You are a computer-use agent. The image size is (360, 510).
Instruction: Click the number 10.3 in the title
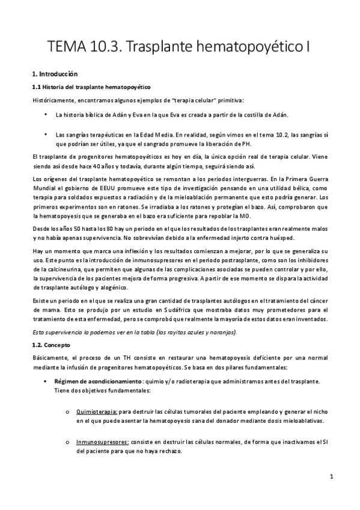pos(107,46)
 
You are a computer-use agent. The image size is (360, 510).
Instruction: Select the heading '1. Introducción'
pos(55,74)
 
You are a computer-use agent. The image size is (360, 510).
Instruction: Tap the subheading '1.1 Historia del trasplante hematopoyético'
pos(91,88)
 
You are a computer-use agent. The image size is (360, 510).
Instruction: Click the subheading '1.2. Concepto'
pos(51,346)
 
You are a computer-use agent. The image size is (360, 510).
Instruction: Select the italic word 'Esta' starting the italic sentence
pos(38,332)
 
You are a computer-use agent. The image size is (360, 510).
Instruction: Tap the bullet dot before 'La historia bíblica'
pos(46,114)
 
